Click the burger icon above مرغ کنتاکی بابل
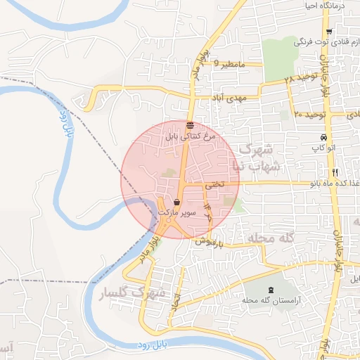click(x=190, y=126)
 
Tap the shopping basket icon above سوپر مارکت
click(x=176, y=201)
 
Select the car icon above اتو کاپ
click(x=323, y=137)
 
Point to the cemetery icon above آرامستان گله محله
click(x=271, y=290)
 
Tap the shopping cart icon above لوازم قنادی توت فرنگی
click(x=329, y=32)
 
